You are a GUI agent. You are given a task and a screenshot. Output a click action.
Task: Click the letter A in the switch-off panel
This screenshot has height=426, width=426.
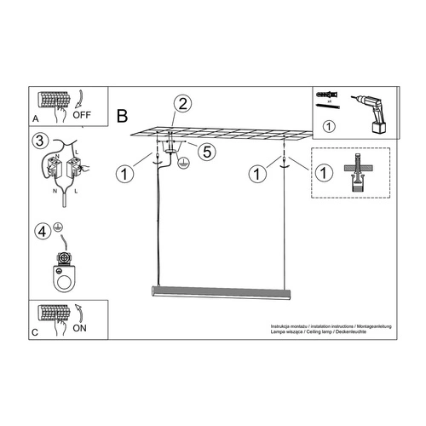(35, 118)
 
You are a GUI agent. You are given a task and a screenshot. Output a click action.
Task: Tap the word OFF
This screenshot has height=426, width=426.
(82, 112)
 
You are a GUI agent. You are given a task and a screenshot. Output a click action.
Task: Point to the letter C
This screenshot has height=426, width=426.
(35, 331)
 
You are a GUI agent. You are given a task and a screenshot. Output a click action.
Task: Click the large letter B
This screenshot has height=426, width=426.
(122, 112)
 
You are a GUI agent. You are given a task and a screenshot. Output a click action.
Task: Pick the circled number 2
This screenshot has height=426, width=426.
(181, 106)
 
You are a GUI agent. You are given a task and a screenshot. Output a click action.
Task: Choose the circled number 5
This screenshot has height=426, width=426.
(204, 152)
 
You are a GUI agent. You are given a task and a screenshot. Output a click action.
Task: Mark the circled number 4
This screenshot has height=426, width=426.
(40, 231)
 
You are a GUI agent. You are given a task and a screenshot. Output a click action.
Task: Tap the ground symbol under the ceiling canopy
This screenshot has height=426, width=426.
(181, 161)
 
